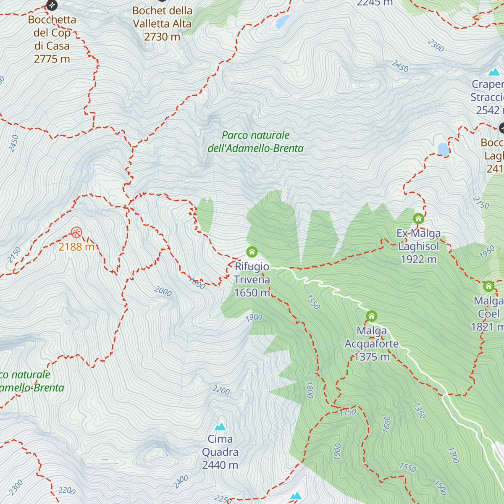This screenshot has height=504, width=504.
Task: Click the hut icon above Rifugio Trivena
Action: [x=252, y=252]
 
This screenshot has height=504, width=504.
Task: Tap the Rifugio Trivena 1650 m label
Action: [x=252, y=280]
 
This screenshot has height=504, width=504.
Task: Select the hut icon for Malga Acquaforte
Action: [x=371, y=316]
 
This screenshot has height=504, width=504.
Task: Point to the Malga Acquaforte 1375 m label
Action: [x=372, y=344]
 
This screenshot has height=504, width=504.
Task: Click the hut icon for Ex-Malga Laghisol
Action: [x=418, y=219]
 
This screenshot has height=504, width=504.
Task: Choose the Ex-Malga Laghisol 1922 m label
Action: [x=419, y=247]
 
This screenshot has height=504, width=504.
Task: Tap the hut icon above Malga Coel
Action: [x=488, y=286]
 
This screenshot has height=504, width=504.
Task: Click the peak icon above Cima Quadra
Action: [x=220, y=427]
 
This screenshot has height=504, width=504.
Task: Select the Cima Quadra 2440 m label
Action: [x=220, y=452]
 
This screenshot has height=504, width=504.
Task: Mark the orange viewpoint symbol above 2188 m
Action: [x=76, y=232]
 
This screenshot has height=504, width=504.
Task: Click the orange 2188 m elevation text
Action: [x=76, y=247]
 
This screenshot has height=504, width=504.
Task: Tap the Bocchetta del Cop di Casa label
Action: [x=52, y=39]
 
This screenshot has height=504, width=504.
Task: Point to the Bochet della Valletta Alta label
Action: [x=162, y=24]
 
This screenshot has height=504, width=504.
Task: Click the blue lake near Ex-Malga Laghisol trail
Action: [x=443, y=149]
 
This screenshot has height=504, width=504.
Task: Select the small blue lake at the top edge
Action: [x=283, y=22]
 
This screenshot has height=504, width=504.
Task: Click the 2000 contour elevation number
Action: [x=163, y=291]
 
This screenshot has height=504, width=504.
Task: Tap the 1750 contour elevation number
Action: [x=348, y=412]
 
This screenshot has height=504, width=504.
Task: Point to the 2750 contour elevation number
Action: [x=481, y=203]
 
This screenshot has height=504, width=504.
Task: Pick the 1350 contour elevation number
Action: [x=420, y=411]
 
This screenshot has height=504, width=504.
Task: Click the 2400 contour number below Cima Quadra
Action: [x=181, y=482]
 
